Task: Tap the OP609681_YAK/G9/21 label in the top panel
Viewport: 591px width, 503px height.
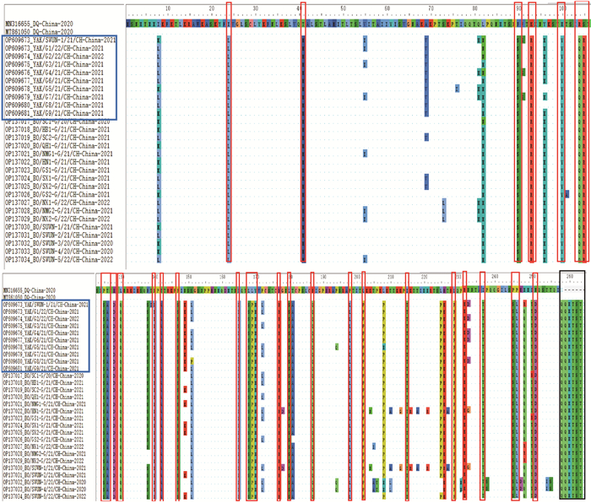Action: (56, 113)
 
